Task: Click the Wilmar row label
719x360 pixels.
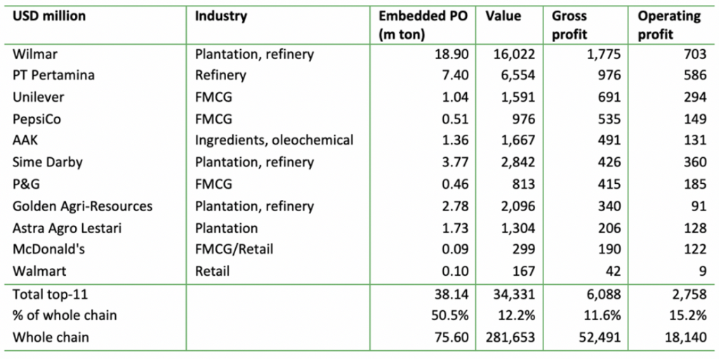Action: tap(34, 54)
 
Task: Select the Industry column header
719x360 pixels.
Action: tap(221, 16)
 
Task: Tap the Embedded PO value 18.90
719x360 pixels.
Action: tap(454, 54)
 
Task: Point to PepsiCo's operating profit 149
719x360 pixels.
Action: tap(691, 119)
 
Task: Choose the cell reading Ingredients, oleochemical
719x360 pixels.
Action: tap(275, 140)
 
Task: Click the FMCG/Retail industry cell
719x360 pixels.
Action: tap(235, 249)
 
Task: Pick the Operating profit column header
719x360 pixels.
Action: tap(669, 25)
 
